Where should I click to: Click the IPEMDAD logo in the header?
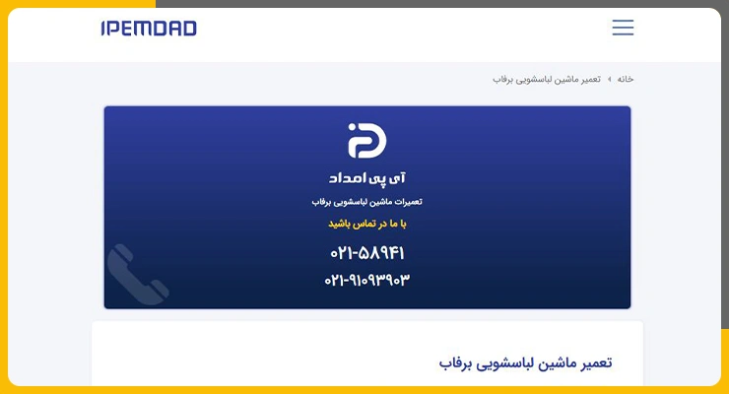tap(149, 29)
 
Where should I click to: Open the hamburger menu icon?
tap(623, 28)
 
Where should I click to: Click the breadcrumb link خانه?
tap(626, 79)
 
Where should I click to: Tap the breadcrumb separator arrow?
tap(609, 80)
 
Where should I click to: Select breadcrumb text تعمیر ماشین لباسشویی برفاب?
tap(547, 80)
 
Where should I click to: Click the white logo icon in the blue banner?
tap(367, 140)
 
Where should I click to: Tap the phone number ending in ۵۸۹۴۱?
tap(367, 253)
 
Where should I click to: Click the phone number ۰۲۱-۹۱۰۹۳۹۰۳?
tap(367, 280)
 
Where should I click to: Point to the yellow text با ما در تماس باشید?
tap(367, 224)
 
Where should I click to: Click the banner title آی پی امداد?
tap(367, 178)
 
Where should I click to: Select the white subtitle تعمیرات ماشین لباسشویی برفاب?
tap(367, 202)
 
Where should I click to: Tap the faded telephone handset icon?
tap(138, 275)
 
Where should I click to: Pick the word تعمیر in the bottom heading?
tap(593, 362)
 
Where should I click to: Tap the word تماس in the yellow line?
tap(364, 224)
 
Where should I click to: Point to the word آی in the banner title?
tap(397, 178)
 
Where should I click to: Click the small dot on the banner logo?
tap(352, 127)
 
